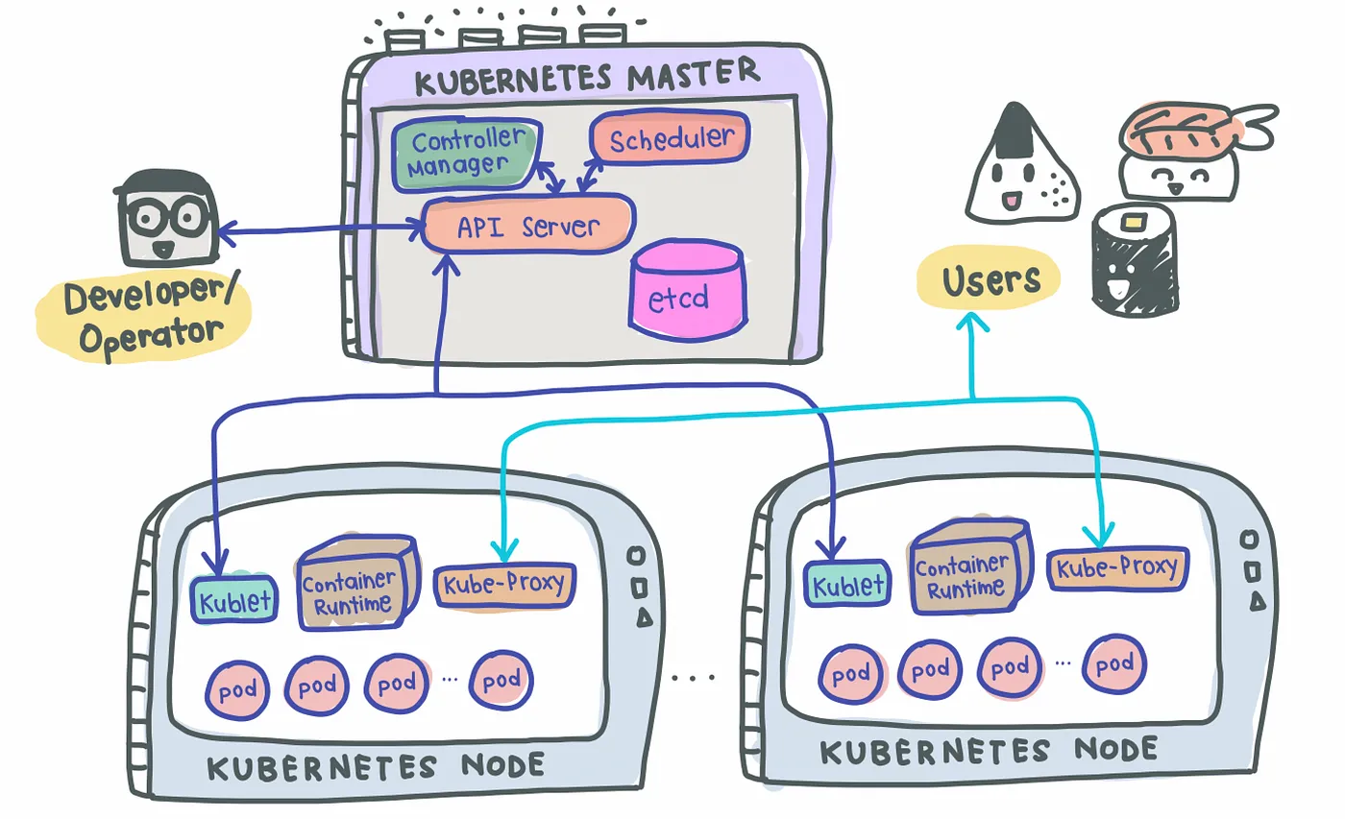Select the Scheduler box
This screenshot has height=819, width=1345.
tap(671, 137)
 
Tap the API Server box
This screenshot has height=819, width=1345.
tap(527, 225)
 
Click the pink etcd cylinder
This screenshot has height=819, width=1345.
tap(688, 290)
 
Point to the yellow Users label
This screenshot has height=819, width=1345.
tap(989, 278)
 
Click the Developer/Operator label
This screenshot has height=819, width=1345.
tap(144, 317)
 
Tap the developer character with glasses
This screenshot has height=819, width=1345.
tap(166, 218)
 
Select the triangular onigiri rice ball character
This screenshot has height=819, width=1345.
tap(1021, 164)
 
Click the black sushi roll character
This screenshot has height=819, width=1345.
tap(1134, 258)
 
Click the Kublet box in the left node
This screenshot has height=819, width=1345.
tap(234, 600)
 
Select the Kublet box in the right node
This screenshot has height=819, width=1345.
tap(847, 584)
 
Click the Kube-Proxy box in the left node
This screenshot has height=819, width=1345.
tap(504, 585)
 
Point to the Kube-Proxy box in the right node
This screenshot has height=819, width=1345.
tap(1117, 567)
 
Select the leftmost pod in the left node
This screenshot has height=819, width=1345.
tap(237, 690)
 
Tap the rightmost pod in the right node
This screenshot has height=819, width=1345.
tap(1114, 664)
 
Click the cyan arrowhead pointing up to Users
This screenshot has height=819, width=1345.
tap(972, 323)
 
